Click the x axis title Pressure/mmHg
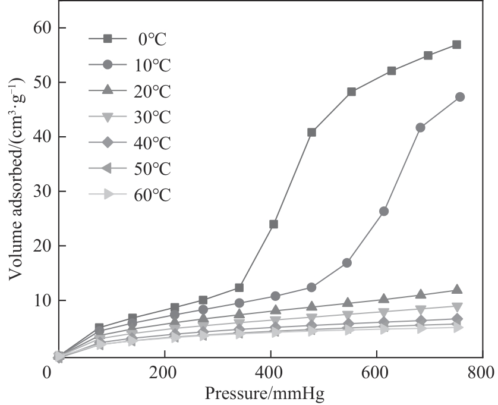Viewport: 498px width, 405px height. (x=264, y=394)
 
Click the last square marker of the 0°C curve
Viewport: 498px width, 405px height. (x=456, y=45)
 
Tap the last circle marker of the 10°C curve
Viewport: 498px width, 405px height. (x=459, y=97)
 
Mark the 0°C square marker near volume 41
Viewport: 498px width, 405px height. (x=311, y=132)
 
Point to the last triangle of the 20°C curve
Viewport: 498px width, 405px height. (x=457, y=290)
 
